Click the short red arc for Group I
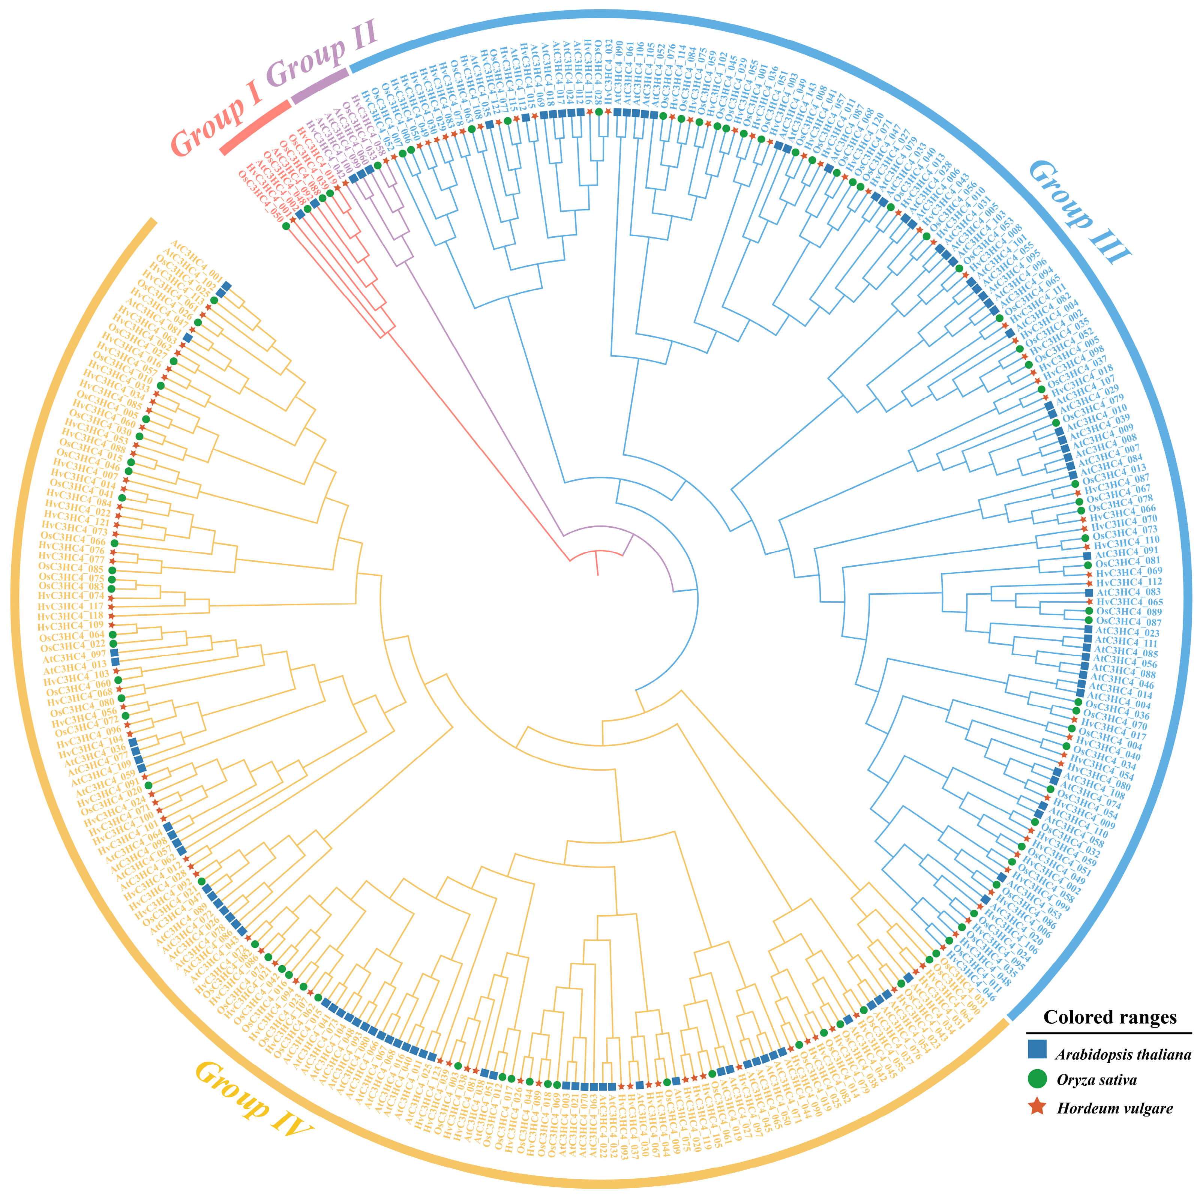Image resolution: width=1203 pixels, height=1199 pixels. (x=255, y=128)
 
